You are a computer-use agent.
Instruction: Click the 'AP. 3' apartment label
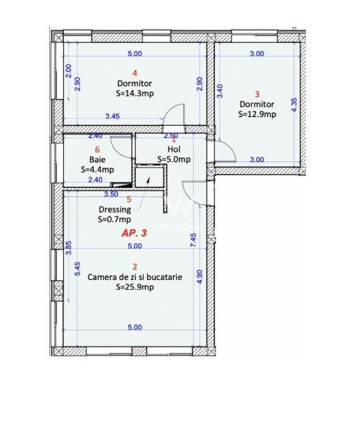click(x=134, y=234)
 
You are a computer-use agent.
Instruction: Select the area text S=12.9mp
click(x=257, y=114)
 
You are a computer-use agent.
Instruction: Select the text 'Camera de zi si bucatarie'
click(x=135, y=277)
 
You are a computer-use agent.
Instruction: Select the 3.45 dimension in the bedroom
click(x=113, y=117)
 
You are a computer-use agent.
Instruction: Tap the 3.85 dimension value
click(x=69, y=248)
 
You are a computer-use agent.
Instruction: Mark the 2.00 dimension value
click(x=68, y=71)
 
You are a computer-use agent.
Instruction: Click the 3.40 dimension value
click(x=221, y=91)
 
